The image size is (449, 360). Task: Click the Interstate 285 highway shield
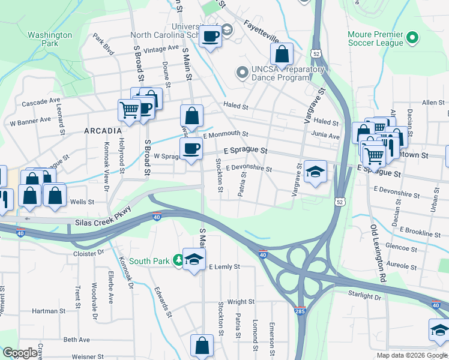300,310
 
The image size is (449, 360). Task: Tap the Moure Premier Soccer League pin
412,39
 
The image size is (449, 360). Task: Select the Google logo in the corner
20,353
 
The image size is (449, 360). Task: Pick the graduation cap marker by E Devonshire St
315,172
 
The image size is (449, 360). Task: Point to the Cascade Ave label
41,103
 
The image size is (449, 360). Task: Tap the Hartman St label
49,311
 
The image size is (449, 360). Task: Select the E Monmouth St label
225,134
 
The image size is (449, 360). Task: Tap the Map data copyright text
411,355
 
